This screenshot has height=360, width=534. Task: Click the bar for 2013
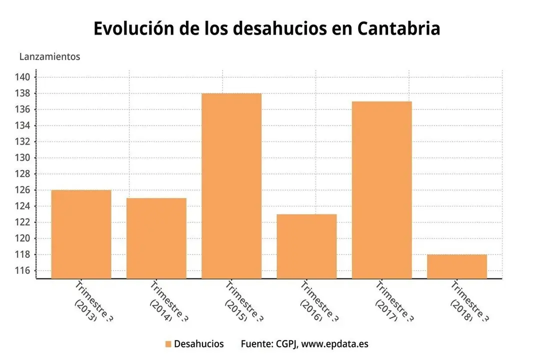(81, 234)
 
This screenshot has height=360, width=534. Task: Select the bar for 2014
(156, 238)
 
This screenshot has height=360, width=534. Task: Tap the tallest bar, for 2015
(231, 185)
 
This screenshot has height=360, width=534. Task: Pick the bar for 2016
(306, 246)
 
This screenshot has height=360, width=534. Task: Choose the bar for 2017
(381, 189)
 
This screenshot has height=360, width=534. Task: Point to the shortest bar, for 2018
(456, 266)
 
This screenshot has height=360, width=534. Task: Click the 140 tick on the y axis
(25, 77)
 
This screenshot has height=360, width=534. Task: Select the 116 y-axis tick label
(25, 270)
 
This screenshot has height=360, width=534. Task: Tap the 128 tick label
(25, 174)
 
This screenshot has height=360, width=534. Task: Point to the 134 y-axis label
(25, 125)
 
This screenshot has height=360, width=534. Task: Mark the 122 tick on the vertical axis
(25, 222)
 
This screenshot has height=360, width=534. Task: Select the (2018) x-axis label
(461, 310)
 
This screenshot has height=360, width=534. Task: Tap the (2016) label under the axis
(310, 310)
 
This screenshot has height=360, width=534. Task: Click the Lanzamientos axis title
(49, 56)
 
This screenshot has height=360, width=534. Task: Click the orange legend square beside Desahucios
(168, 344)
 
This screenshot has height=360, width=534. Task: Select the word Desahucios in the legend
(199, 344)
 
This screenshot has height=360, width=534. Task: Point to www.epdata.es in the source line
(335, 344)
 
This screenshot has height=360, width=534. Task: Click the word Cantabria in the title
(398, 28)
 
